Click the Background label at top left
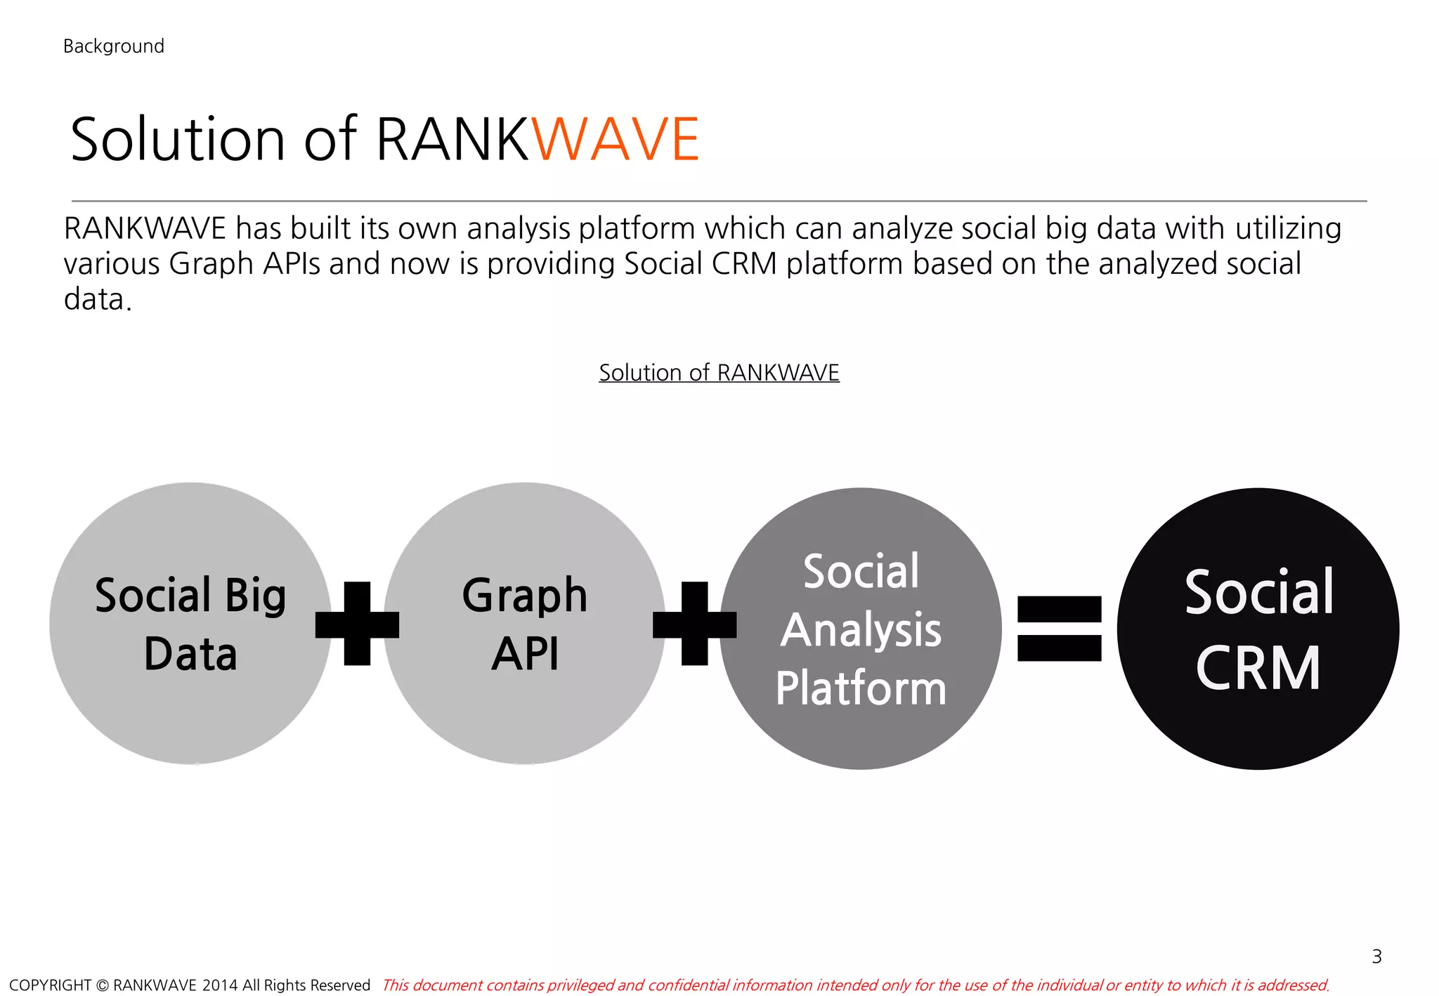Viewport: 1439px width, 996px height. (x=113, y=46)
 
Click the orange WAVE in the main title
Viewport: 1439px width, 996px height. (x=615, y=139)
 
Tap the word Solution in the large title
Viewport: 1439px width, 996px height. (x=178, y=139)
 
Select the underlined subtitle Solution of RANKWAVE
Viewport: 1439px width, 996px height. (x=719, y=372)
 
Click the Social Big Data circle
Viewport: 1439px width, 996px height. (x=190, y=624)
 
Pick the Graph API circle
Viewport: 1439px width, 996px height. (x=524, y=624)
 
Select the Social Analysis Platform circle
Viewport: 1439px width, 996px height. (x=861, y=629)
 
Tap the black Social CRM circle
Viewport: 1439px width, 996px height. (x=1258, y=629)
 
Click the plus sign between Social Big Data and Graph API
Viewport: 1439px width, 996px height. (x=357, y=624)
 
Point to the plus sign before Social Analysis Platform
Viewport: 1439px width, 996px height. (x=694, y=624)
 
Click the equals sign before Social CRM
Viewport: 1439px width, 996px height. (x=1059, y=629)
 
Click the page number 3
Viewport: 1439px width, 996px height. (x=1376, y=956)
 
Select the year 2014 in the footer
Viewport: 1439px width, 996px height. (x=219, y=985)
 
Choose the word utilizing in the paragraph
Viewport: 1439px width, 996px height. (x=1288, y=229)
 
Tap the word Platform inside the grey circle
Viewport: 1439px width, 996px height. (x=861, y=688)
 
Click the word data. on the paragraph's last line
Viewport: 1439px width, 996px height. (x=97, y=299)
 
